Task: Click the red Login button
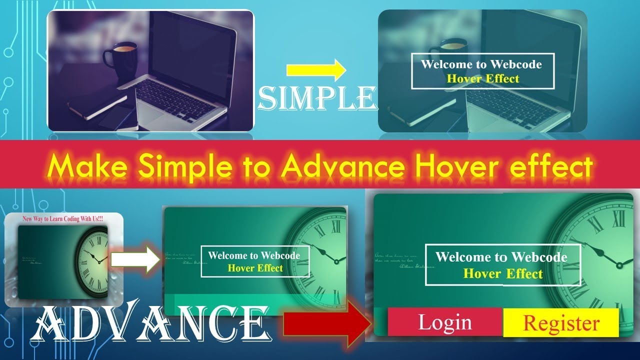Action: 444,322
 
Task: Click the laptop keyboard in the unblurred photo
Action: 175,98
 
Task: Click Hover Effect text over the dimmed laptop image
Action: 482,78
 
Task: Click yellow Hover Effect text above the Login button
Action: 502,273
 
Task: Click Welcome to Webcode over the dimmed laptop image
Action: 481,64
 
